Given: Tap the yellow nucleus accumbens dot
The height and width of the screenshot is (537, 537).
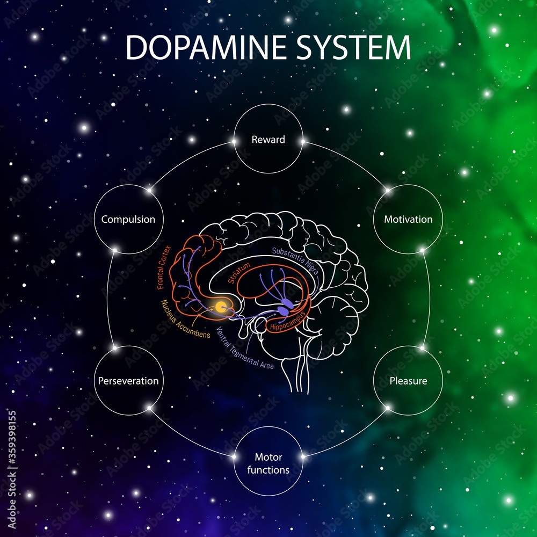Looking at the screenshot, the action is (220, 307).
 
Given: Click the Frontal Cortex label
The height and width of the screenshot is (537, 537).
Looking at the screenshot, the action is (164, 267).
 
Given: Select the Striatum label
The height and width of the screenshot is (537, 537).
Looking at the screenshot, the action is (239, 273).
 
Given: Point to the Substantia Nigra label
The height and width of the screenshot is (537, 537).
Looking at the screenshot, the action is (295, 260).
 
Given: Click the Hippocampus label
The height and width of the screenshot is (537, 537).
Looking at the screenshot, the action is (288, 321).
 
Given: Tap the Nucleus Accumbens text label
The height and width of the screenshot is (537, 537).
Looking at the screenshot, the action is (186, 319).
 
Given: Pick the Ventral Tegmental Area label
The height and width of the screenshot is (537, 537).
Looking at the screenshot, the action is (244, 349).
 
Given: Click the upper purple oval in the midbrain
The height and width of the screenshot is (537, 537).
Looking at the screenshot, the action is (287, 302).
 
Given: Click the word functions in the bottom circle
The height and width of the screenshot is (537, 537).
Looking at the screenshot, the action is (268, 470).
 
